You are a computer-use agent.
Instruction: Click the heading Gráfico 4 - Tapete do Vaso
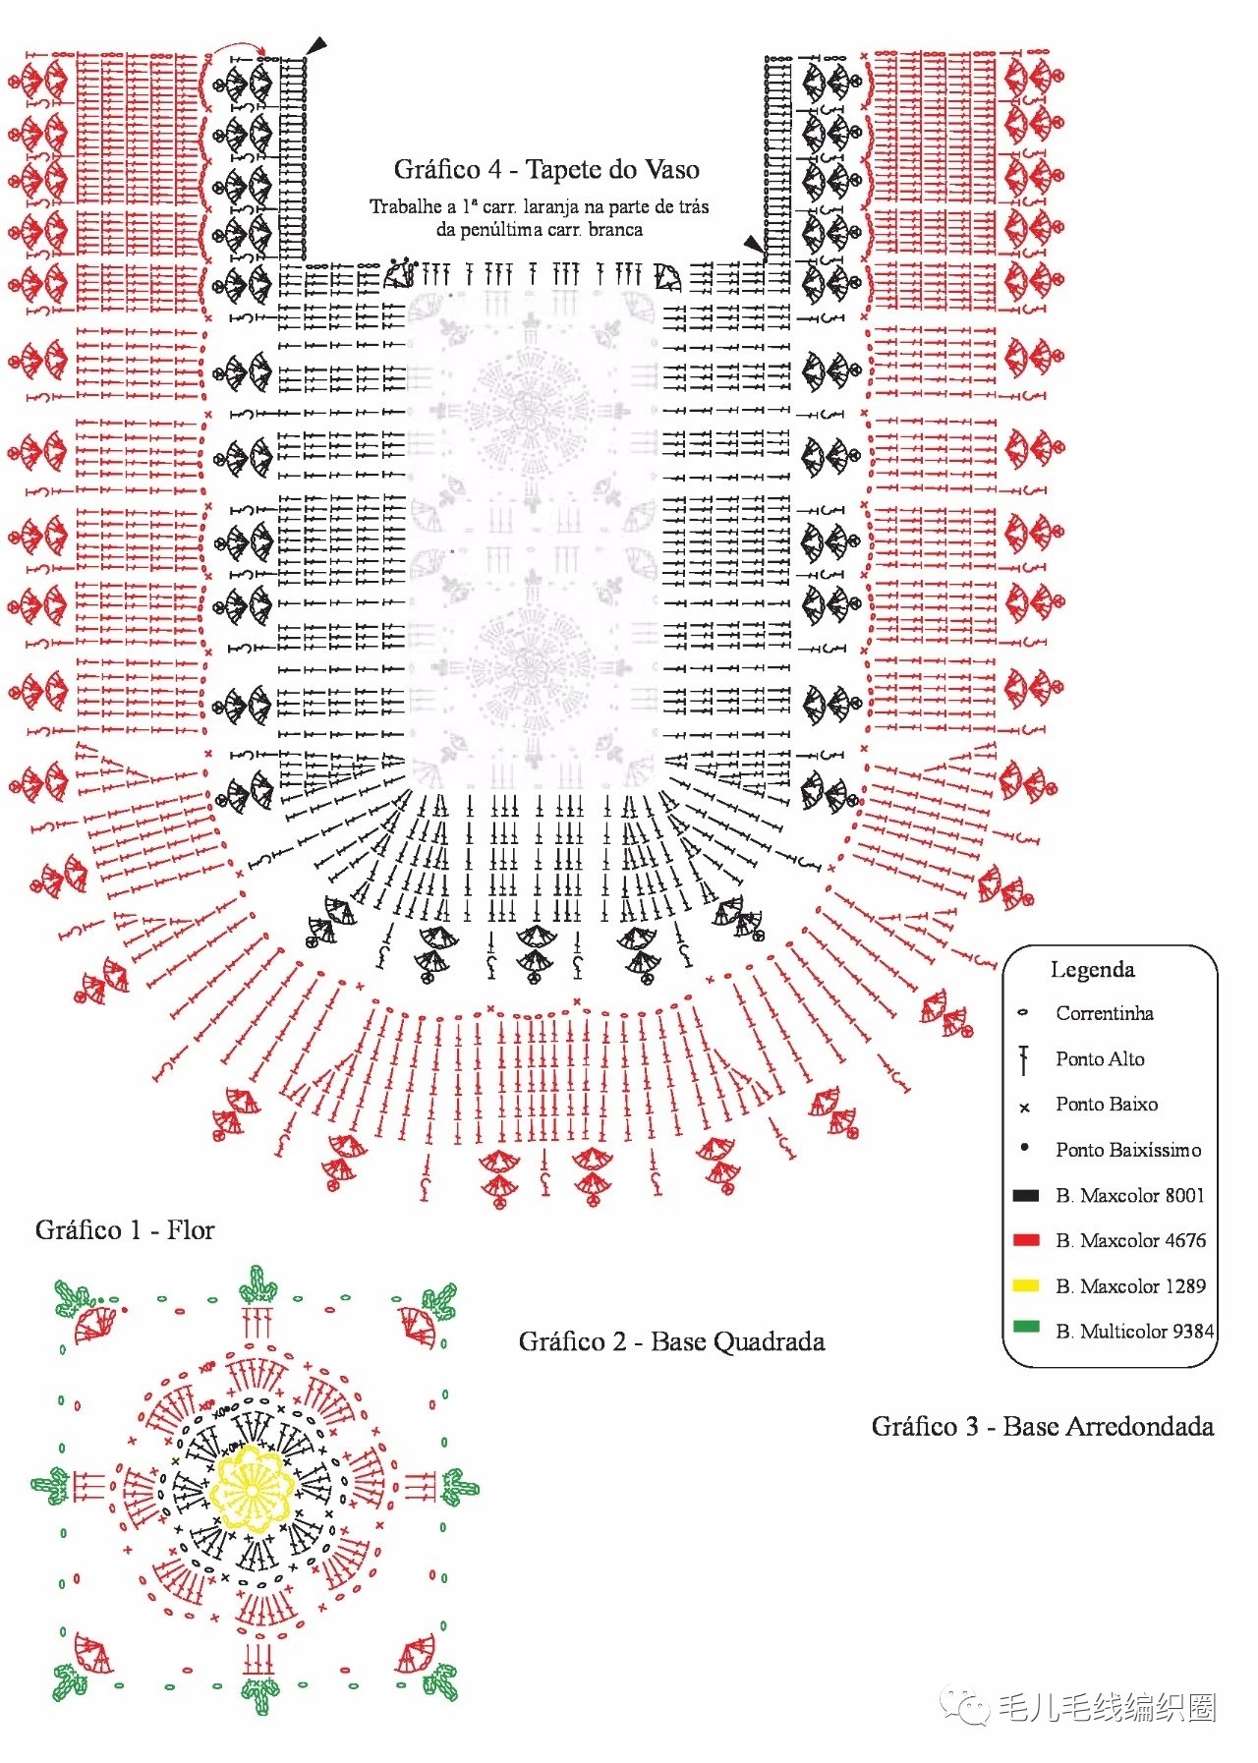(x=546, y=170)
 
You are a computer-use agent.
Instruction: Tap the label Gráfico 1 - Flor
(x=125, y=1230)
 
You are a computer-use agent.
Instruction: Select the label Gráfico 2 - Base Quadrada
(x=671, y=1341)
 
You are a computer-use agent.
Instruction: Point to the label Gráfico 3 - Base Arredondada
(x=1042, y=1426)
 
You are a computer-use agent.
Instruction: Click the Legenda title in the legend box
(x=1092, y=970)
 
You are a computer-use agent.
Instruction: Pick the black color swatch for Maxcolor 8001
(x=1025, y=1196)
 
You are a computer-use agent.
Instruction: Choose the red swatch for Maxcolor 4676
(x=1025, y=1240)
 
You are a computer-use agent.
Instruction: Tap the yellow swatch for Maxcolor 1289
(x=1025, y=1285)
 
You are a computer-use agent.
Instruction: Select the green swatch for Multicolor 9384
(x=1025, y=1327)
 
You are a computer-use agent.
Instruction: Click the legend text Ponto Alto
(x=1100, y=1058)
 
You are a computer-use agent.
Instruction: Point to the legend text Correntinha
(x=1105, y=1013)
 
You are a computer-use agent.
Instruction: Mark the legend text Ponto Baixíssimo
(x=1128, y=1150)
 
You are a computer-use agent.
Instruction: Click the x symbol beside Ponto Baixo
(x=1024, y=1108)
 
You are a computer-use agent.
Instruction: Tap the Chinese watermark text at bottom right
(x=1107, y=1707)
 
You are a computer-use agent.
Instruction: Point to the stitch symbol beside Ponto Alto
(x=1024, y=1059)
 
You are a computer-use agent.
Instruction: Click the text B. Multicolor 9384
(x=1135, y=1332)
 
